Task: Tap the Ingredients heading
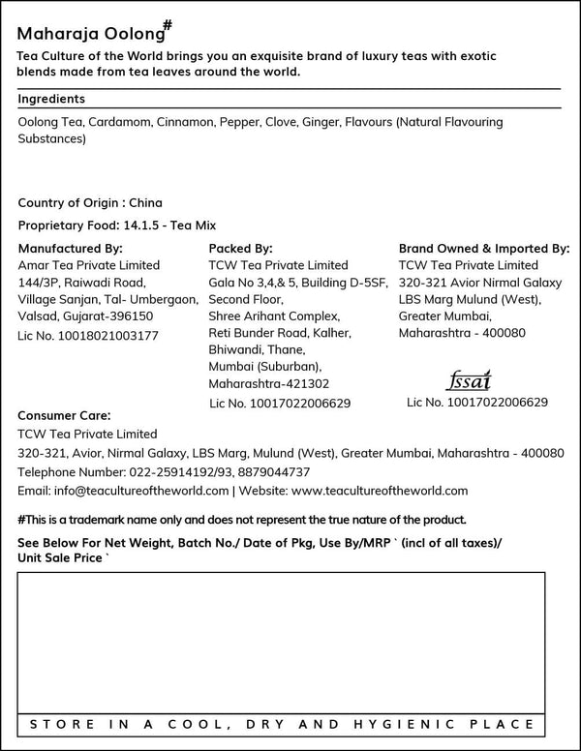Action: click(51, 99)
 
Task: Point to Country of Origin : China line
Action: click(90, 203)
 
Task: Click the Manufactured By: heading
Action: click(70, 248)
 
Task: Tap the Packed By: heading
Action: click(240, 248)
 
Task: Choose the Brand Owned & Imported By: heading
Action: click(484, 248)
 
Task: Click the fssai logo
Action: click(473, 378)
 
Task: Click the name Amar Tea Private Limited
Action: click(89, 265)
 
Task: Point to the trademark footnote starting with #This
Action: click(242, 519)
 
